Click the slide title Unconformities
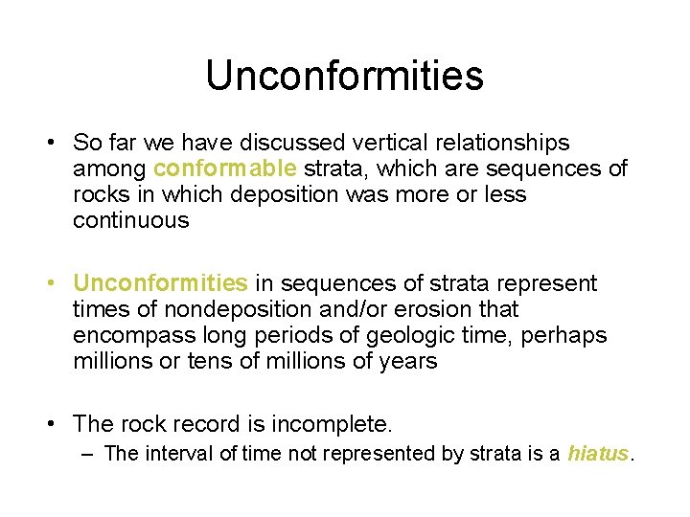point(344,76)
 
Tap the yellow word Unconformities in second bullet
point(160,283)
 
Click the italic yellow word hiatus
point(598,453)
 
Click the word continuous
point(131,221)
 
